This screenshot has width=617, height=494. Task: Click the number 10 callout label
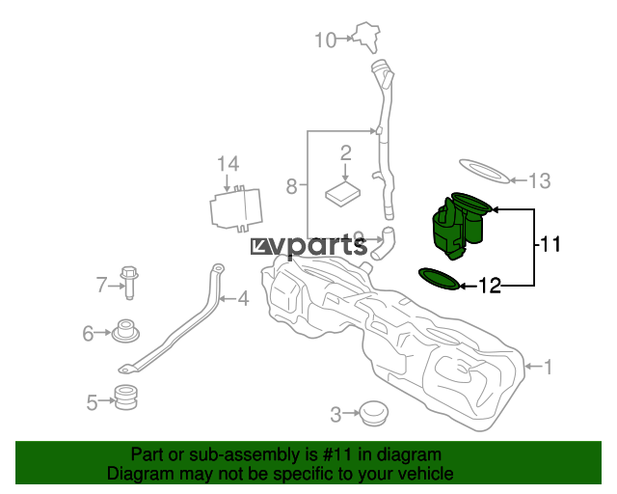[x=326, y=40]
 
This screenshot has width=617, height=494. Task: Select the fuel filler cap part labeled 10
[x=367, y=37]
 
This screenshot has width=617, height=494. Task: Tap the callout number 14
[x=228, y=163]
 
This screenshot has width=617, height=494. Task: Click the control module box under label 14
[x=236, y=208]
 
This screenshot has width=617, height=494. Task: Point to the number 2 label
[x=345, y=152]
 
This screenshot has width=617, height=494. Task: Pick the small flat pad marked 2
[x=343, y=193]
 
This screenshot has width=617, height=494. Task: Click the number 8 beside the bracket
[x=291, y=186]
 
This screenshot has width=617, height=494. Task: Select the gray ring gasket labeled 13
[x=485, y=172]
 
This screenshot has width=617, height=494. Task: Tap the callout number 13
[x=539, y=180]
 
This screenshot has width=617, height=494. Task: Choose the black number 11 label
[x=550, y=244]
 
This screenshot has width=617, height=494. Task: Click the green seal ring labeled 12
[x=440, y=279]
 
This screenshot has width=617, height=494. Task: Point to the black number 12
[x=490, y=286]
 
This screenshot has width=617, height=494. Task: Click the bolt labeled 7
[x=129, y=282]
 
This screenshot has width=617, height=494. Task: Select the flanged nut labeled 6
[x=125, y=331]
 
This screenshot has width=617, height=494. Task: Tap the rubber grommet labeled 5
[x=125, y=398]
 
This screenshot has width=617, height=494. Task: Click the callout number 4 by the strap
[x=244, y=298]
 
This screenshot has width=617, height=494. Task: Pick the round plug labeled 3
[x=374, y=413]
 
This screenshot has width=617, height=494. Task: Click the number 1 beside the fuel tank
[x=549, y=367]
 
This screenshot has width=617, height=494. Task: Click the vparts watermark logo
[x=308, y=247]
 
